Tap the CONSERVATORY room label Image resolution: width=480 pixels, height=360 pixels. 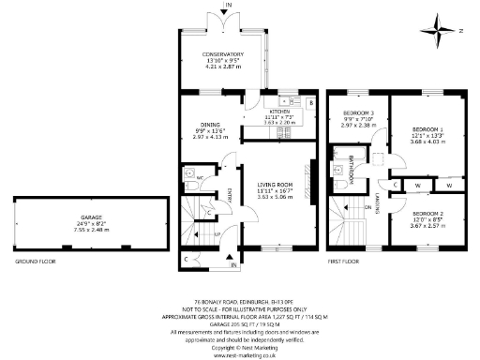[223, 55]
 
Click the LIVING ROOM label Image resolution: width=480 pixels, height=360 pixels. [276, 185]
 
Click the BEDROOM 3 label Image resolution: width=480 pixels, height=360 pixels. [358, 114]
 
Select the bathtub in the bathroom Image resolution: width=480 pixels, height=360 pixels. [344, 170]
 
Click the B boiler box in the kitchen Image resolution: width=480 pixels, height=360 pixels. [310, 101]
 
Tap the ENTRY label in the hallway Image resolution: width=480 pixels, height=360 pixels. [228, 194]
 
